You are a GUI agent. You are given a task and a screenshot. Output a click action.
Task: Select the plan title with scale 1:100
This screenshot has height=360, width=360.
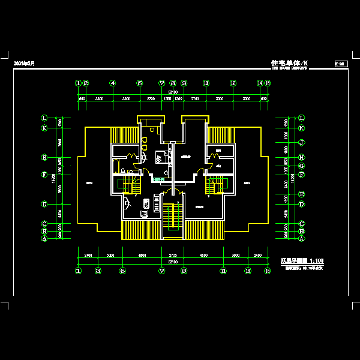pos(302,261)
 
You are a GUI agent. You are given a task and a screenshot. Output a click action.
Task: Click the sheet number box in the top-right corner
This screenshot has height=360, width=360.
pos(340,63)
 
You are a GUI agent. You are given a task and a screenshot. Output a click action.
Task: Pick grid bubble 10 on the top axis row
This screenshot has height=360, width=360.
pos(206,83)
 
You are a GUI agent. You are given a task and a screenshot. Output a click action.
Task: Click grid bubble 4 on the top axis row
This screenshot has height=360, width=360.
pos(113,83)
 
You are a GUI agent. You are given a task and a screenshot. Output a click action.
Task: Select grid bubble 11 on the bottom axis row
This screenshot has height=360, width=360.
pos(223,271)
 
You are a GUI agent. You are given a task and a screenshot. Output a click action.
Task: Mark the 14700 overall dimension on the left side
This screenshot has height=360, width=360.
pos(54,178)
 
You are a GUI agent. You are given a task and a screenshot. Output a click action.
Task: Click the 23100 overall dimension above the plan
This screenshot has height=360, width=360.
pos(173,92)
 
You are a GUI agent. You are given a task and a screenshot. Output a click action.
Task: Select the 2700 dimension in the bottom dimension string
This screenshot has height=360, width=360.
pos(172,255)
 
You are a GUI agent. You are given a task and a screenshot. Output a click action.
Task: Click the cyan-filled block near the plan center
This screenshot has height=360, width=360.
pos(159,179)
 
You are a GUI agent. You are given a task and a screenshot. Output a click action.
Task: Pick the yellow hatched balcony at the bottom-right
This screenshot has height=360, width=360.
pos(203,229)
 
